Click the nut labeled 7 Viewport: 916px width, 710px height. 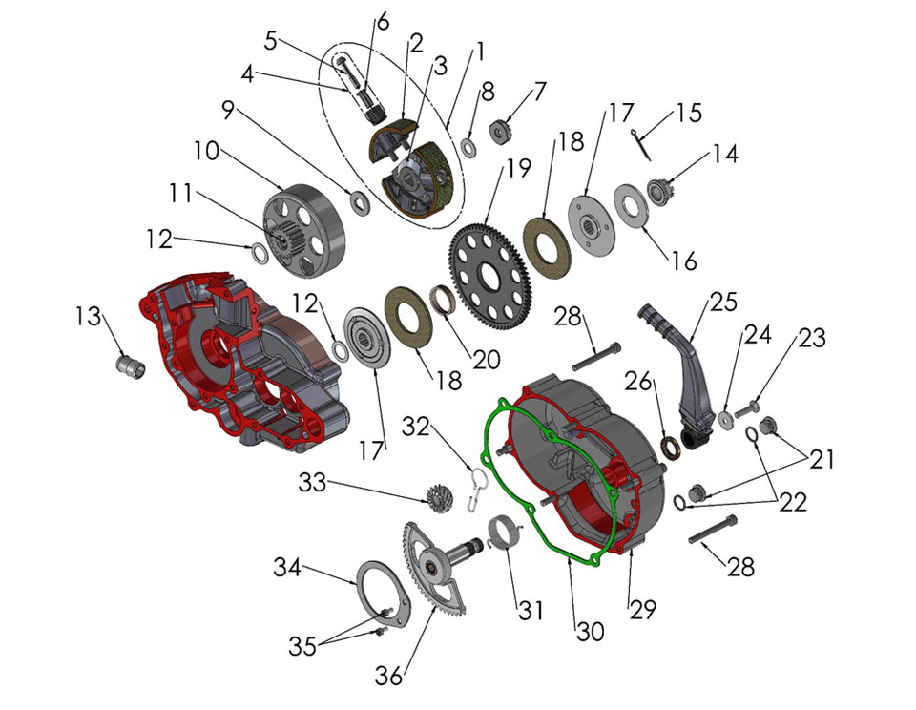502,128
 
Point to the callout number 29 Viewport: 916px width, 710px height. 642,609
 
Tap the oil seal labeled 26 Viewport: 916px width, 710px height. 672,445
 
